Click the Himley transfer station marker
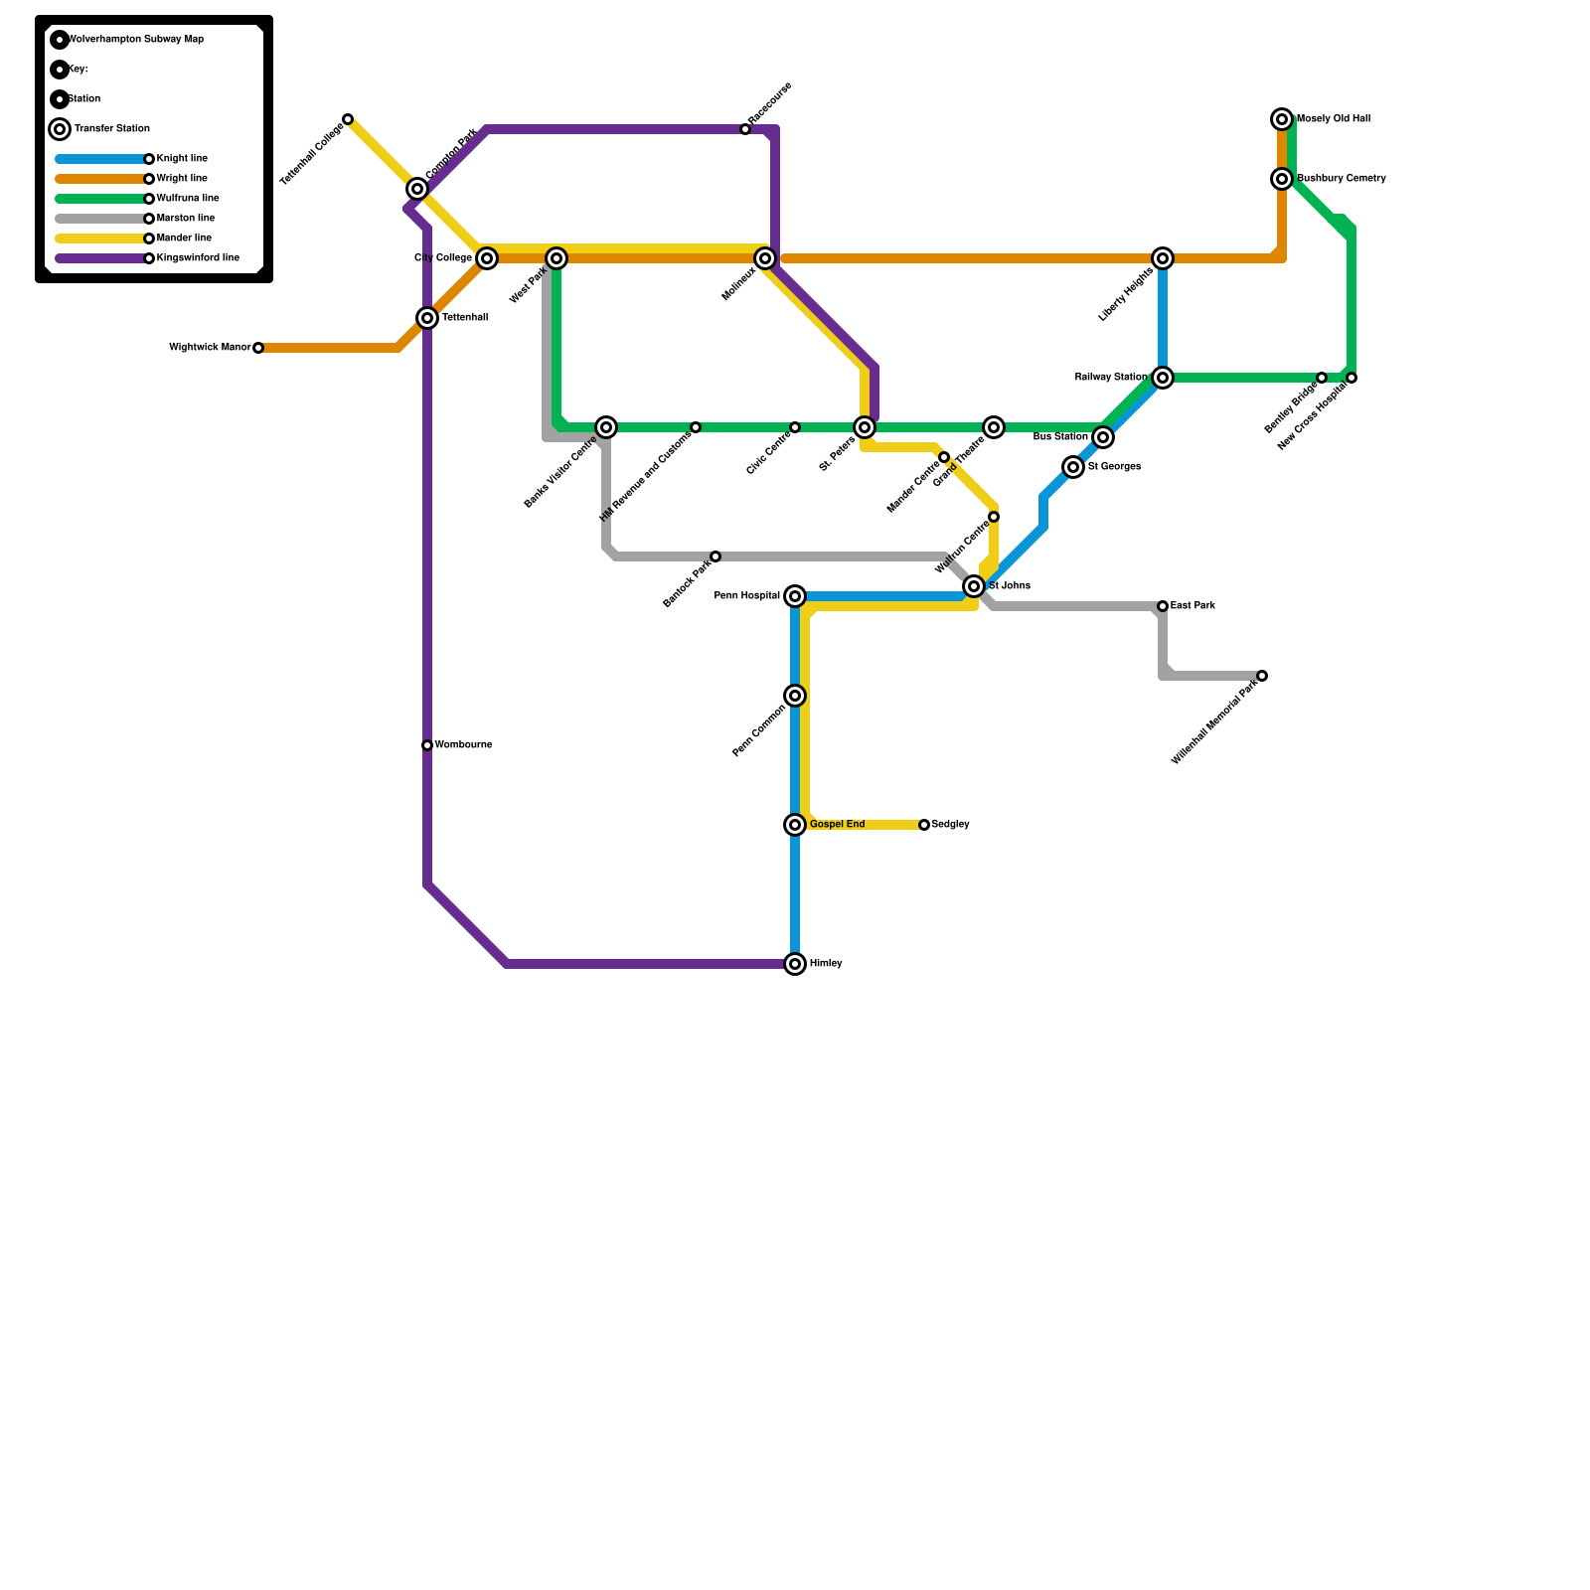(x=795, y=964)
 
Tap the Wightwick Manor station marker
(x=258, y=348)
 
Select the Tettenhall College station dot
(x=348, y=119)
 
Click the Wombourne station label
(x=463, y=745)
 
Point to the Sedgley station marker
(x=924, y=825)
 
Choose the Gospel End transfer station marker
(x=795, y=825)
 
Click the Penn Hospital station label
(x=746, y=596)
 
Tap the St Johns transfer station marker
(x=974, y=586)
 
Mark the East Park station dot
(x=1163, y=606)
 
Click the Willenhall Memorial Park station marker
(x=1262, y=676)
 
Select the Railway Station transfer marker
(x=1163, y=378)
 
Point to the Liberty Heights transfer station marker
(x=1163, y=258)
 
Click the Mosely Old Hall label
(x=1334, y=119)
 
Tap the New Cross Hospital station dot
(x=1351, y=378)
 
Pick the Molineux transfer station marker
(x=765, y=258)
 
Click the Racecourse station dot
(x=745, y=129)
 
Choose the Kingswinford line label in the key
(x=198, y=258)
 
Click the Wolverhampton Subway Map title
(x=135, y=40)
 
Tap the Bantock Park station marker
(x=715, y=556)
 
